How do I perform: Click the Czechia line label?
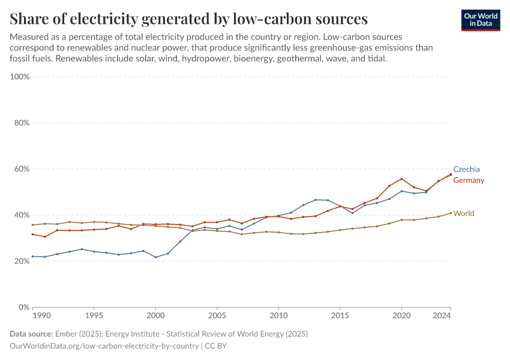466,169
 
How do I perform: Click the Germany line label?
469,181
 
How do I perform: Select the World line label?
463,213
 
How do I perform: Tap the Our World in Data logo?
481,20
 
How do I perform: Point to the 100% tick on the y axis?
20,77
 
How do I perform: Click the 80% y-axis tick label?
21,123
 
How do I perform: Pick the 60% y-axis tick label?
21,169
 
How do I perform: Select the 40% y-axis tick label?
21,215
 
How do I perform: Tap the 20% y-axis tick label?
21,261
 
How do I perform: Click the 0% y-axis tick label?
23,307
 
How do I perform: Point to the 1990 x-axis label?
41,315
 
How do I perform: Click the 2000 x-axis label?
155,315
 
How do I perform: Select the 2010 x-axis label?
278,315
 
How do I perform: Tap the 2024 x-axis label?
442,315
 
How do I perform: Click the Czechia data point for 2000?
155,257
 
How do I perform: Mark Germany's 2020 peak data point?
401,179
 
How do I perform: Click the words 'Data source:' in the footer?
31,334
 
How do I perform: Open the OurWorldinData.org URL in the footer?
105,346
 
